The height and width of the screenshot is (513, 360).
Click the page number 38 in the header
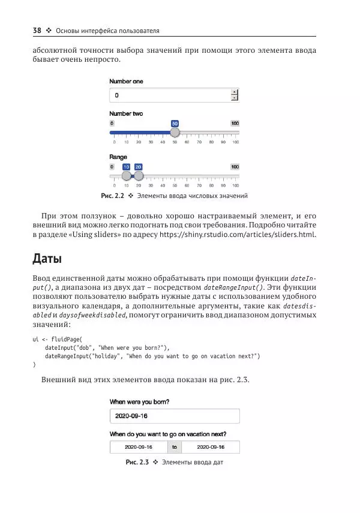[x=36, y=31]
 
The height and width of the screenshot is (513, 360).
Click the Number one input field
[x=169, y=95]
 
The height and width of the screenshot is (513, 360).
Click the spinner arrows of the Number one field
[x=235, y=95]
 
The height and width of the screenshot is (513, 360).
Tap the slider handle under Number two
[x=175, y=133]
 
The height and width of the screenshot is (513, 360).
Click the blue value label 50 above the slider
[x=175, y=123]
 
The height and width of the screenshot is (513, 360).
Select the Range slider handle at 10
[x=126, y=176]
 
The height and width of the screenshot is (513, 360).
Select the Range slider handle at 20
[x=139, y=176]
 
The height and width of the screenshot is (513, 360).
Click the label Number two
[x=125, y=113]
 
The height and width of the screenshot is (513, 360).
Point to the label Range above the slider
[x=118, y=157]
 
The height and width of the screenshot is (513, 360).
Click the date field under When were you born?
[x=174, y=416]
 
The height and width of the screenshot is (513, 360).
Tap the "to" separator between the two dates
[x=174, y=447]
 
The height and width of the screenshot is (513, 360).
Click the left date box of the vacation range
[x=139, y=447]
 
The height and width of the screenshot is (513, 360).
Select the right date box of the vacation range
[x=211, y=447]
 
